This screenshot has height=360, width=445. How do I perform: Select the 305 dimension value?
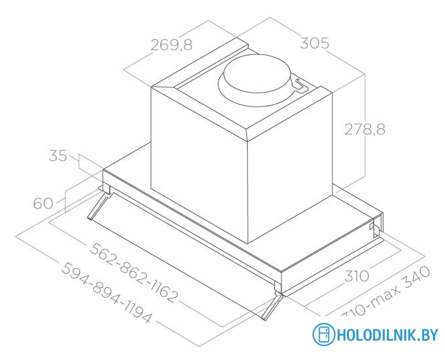(315, 44)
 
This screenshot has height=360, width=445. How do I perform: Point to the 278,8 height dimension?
(364, 129)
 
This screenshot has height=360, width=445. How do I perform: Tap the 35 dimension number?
(58, 157)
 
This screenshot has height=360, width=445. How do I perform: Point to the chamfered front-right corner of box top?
(248, 131)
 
